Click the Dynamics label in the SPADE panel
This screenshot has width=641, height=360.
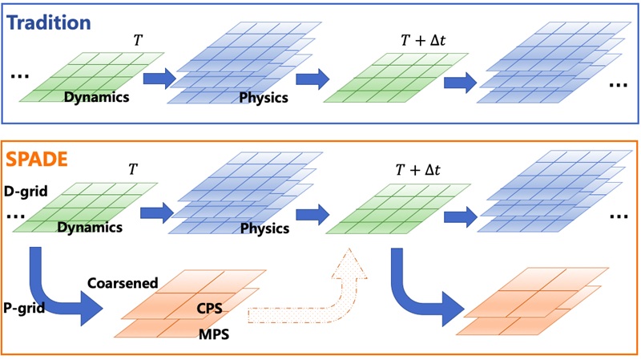[x=90, y=228]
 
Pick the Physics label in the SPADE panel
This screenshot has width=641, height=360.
[x=264, y=229]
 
